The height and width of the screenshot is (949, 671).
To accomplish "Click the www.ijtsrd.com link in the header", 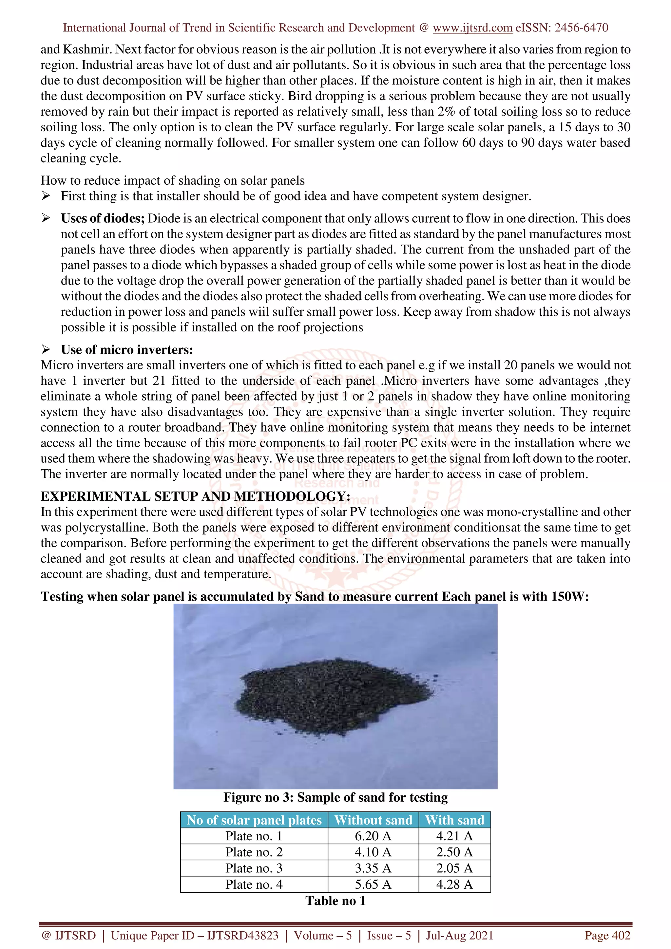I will tap(472, 28).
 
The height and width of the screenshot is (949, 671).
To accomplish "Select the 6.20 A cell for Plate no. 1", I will tap(373, 836).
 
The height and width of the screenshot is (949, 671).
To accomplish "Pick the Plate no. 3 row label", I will tap(254, 868).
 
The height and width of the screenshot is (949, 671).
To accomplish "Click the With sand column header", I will tap(454, 820).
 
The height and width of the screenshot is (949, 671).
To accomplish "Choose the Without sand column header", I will tap(373, 820).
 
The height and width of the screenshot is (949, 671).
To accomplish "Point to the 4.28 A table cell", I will tap(454, 884).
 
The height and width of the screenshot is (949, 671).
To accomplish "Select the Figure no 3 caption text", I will tap(335, 797).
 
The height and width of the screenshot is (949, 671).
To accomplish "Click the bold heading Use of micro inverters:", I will tap(127, 350).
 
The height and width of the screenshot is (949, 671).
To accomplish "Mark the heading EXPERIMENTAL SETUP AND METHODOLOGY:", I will tap(195, 496).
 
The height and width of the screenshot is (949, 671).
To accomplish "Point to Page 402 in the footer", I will tap(607, 935).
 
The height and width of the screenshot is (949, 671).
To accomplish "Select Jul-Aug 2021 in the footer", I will tap(459, 935).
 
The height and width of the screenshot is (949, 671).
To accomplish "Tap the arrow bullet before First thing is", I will tap(46, 196).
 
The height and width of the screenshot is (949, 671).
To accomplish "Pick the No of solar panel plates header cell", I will tap(254, 820).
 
